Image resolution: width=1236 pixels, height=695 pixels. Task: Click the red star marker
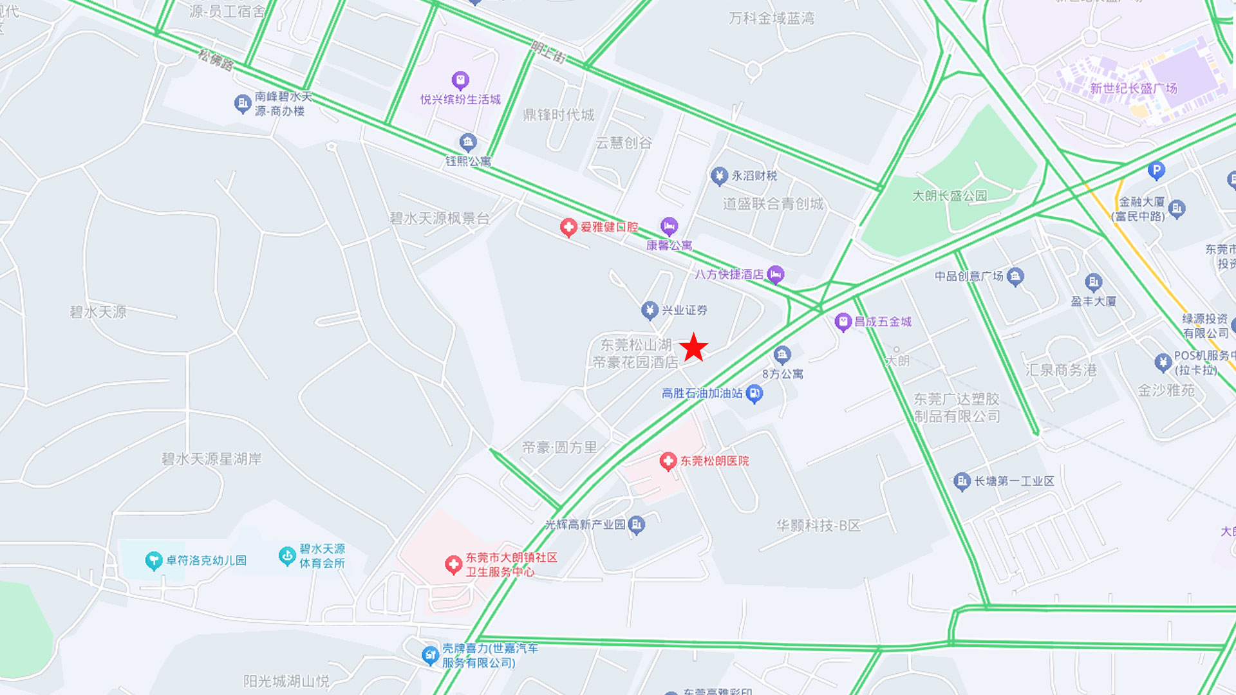(x=694, y=347)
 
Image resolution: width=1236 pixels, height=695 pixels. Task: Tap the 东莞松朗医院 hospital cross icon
(x=668, y=461)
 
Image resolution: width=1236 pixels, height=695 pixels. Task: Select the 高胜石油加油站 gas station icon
(x=754, y=393)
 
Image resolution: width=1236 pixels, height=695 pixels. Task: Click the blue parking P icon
(x=1156, y=170)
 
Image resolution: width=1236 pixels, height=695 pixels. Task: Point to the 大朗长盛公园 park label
(x=950, y=196)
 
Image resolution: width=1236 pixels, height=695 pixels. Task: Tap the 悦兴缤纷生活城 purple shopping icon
(x=460, y=80)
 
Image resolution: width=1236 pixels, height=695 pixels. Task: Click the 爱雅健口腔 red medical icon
(x=568, y=227)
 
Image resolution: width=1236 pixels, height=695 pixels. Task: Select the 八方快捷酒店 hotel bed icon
(x=776, y=275)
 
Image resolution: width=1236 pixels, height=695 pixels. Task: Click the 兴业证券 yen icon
(x=650, y=310)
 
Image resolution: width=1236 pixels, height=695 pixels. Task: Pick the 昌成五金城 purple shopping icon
(x=843, y=322)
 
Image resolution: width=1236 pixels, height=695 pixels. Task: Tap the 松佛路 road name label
(x=216, y=60)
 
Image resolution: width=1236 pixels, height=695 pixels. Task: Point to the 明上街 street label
(x=548, y=51)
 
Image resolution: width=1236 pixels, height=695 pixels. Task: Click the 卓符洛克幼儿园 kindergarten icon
(x=153, y=561)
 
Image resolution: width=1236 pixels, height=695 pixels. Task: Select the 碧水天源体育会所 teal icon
(x=287, y=556)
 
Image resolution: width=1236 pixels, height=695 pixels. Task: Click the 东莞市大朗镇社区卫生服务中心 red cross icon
(x=453, y=565)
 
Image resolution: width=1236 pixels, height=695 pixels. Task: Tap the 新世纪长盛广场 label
(x=1133, y=89)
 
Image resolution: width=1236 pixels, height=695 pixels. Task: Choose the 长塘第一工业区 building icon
(x=962, y=481)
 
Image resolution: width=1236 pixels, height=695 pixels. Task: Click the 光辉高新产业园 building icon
(x=637, y=524)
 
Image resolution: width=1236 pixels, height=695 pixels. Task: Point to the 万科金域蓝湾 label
(x=771, y=19)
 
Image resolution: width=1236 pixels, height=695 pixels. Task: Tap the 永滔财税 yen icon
(x=719, y=176)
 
